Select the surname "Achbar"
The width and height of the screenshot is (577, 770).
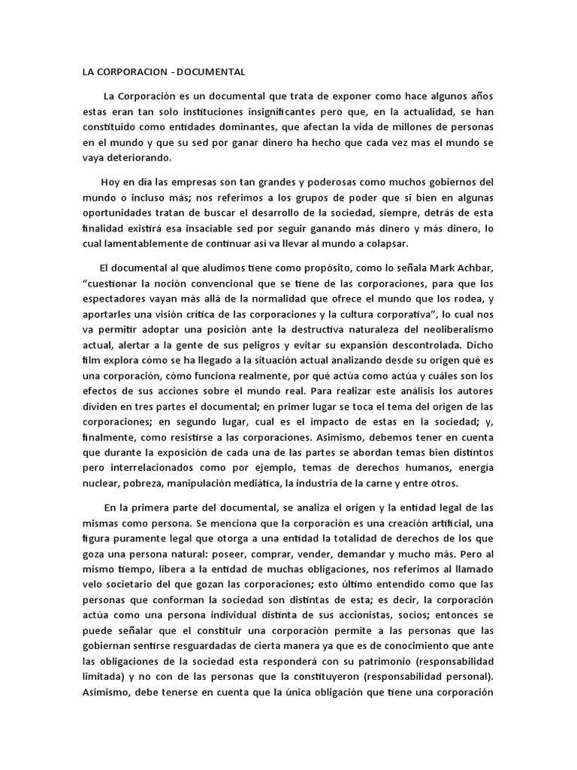[x=474, y=269]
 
